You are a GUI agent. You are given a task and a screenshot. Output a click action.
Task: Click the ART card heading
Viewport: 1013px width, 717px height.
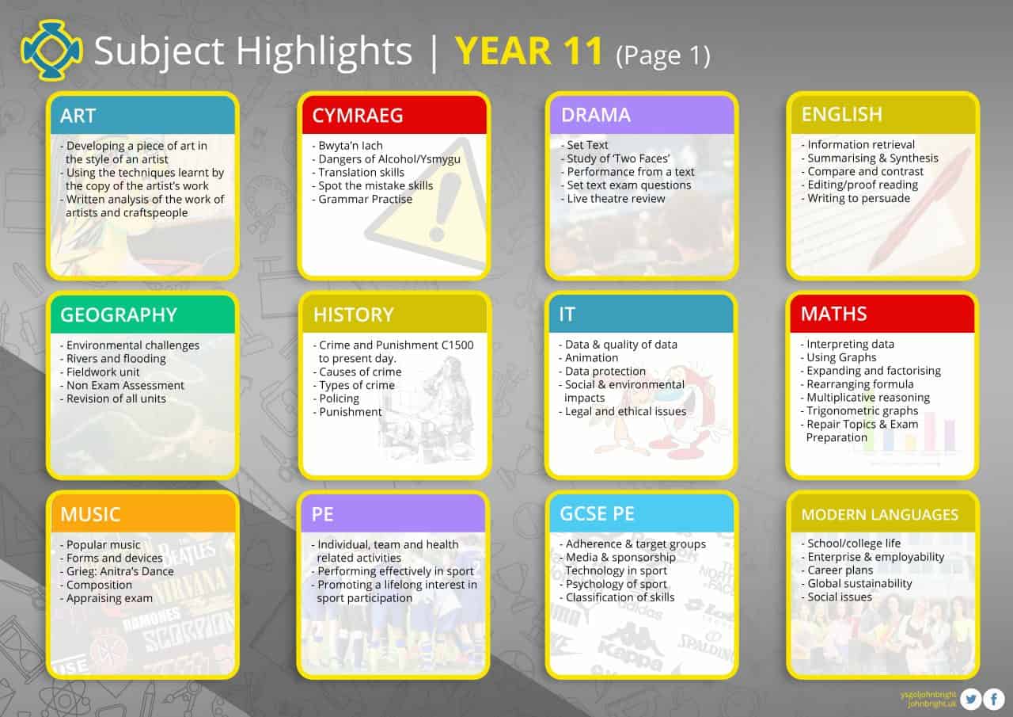[78, 116]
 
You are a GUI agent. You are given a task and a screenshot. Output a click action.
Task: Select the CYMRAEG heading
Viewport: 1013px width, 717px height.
[357, 116]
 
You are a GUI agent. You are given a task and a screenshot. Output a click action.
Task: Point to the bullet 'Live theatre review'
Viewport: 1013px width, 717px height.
[616, 199]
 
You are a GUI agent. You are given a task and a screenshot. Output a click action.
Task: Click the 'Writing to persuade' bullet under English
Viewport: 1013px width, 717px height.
[859, 198]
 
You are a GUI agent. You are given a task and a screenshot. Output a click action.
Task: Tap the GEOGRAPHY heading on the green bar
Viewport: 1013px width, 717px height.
[119, 315]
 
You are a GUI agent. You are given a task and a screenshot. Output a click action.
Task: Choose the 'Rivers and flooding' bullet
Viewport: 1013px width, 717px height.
[116, 358]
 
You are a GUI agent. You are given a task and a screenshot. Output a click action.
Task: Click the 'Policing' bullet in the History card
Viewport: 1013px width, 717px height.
[339, 399]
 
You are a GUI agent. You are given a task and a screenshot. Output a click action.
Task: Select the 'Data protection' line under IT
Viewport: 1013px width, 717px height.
[605, 372]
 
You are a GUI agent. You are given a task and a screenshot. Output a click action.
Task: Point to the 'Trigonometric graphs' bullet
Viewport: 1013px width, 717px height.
[862, 410]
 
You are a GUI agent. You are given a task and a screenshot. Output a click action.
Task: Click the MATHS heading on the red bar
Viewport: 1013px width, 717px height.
[833, 315]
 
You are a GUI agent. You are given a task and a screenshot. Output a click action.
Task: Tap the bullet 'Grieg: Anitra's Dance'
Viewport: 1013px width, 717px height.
[120, 571]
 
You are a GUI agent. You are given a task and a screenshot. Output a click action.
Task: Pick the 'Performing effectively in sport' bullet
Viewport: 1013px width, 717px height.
[395, 571]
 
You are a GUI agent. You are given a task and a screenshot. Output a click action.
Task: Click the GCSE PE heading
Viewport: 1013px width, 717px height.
[597, 514]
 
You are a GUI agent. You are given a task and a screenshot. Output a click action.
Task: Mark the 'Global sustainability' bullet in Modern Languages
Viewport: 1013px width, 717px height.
[859, 584]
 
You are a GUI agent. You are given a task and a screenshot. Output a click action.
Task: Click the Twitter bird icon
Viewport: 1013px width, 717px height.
[971, 699]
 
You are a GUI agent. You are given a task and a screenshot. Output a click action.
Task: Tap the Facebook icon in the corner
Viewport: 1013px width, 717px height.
[994, 699]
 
